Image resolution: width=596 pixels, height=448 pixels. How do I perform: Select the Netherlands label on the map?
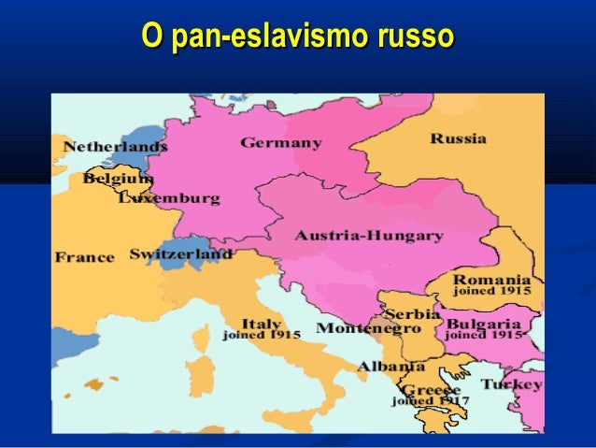tap(115, 147)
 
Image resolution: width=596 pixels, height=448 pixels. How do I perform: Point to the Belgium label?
tap(118, 178)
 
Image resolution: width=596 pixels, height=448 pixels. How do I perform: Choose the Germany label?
tap(281, 143)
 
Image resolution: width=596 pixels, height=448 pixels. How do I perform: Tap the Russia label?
tap(458, 138)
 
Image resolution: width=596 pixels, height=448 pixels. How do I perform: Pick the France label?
tap(84, 256)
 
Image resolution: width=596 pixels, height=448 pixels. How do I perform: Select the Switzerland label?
tap(180, 253)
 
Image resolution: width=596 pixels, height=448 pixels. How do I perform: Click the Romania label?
tap(491, 279)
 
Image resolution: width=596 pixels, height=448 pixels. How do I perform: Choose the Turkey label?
tap(511, 384)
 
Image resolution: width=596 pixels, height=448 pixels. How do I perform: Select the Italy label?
tap(262, 323)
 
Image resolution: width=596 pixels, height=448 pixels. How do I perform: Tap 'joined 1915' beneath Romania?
tap(491, 291)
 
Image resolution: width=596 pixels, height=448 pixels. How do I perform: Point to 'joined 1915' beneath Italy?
tap(261, 335)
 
